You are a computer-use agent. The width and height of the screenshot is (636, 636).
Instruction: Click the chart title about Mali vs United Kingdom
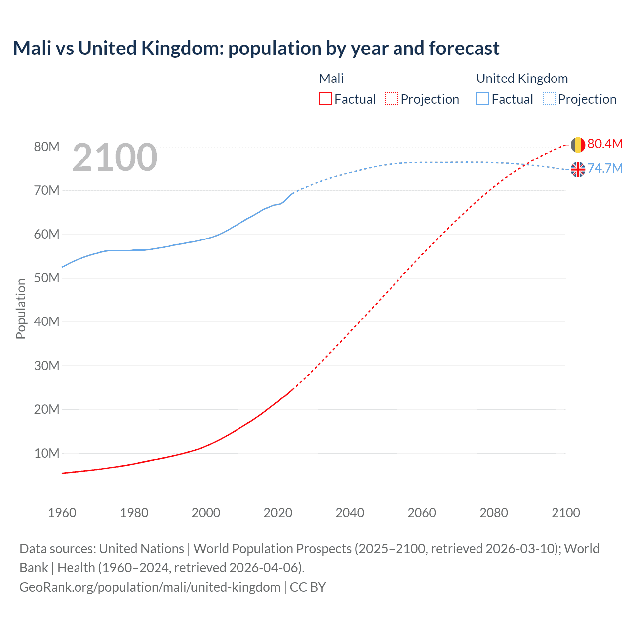coord(256,48)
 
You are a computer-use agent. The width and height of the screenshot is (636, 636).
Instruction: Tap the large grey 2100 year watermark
coord(115,158)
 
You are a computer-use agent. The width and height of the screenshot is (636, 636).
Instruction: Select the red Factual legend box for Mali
coord(325,99)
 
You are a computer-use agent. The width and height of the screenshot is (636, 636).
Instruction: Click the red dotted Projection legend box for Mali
coord(392,99)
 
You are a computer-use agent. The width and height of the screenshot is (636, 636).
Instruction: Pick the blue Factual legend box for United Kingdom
coord(482,99)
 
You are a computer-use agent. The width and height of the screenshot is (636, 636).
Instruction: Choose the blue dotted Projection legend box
coord(549,99)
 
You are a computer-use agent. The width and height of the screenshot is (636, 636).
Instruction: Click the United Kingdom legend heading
coord(522,79)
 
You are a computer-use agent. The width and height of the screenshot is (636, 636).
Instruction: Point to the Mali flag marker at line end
coord(578,145)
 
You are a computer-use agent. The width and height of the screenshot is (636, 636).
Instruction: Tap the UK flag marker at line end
coord(578,170)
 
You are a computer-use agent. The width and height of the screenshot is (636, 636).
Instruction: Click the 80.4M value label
coord(605,144)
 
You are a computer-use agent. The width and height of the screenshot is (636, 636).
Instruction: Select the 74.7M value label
coord(605,168)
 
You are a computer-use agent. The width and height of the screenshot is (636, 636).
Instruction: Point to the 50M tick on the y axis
coord(47,278)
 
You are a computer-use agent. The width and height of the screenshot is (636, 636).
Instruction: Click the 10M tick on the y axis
coord(47,453)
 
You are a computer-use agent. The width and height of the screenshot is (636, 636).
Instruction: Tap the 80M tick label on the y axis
coord(47,147)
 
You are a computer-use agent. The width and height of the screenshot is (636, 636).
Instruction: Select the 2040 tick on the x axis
coord(350,513)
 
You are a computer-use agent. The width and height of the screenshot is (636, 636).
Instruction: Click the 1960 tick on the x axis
coord(62,513)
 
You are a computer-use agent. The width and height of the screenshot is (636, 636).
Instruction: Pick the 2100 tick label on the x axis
coord(565,513)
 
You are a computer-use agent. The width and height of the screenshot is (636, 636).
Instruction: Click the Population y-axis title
coord(21,309)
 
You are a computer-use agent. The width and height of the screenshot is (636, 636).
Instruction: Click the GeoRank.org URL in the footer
coord(150,587)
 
